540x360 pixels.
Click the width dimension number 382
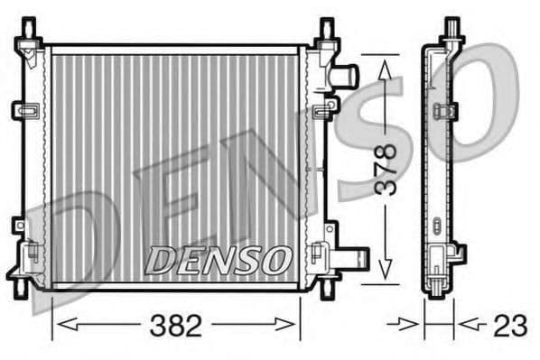pyautogui.click(x=176, y=326)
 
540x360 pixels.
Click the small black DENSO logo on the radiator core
pyautogui.click(x=217, y=260)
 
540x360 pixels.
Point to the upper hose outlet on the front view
pyautogui.click(x=346, y=75)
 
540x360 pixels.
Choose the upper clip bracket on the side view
pyautogui.click(x=445, y=111)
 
